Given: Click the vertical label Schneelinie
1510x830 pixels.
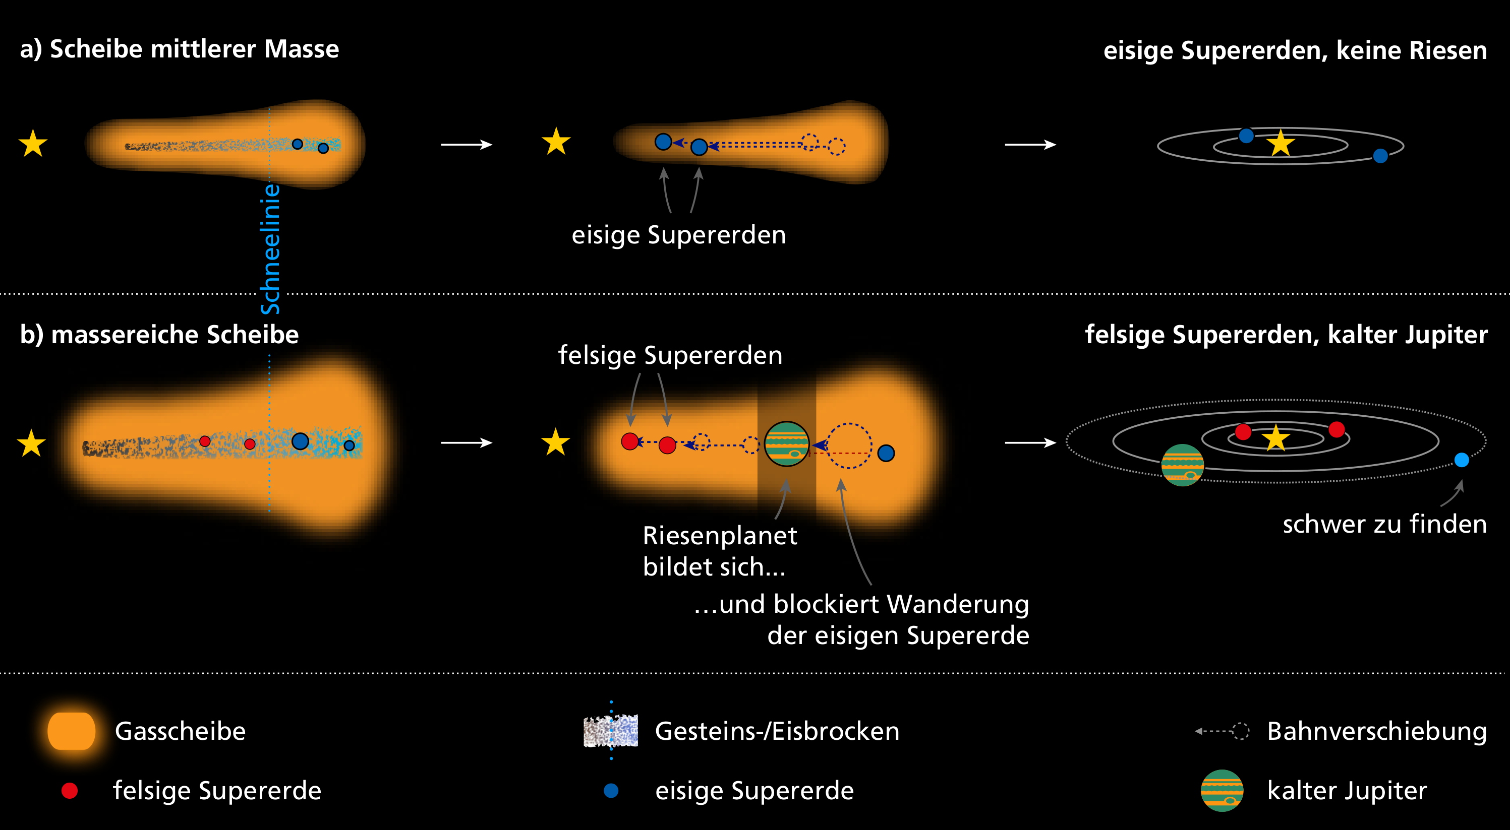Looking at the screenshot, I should coord(270,249).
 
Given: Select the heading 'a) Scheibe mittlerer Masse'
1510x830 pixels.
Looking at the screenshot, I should coord(180,49).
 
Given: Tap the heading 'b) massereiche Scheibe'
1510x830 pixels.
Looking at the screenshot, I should coord(159,335).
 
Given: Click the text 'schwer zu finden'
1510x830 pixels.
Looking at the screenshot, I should coord(1384,524).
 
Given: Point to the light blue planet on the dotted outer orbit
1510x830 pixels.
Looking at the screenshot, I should coord(1462,460).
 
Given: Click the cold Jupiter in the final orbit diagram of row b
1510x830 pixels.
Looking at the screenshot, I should coord(1182,465).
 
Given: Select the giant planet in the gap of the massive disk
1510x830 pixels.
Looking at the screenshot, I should coord(787,444).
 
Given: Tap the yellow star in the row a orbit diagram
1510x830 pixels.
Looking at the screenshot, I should coord(1280,144).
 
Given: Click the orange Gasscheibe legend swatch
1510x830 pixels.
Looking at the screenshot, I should coord(72,731).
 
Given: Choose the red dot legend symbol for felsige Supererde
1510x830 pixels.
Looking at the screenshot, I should coord(70,791).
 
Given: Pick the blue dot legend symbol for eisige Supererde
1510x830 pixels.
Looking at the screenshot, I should coord(611,791).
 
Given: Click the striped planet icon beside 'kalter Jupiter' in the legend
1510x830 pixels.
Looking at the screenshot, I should coord(1222,791).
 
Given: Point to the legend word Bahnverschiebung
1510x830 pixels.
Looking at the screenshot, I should coord(1377,731).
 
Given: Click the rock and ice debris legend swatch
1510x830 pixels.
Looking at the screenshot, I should coord(610,731).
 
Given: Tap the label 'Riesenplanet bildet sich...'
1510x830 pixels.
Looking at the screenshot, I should coord(719,551).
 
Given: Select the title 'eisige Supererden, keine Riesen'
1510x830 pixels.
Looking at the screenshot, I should coord(1295,50).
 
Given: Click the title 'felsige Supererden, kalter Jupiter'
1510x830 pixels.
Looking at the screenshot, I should coord(1286,335).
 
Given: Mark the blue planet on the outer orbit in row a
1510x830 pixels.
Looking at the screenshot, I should coord(1380,156).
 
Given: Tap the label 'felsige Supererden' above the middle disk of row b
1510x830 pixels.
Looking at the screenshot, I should coord(670,356).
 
